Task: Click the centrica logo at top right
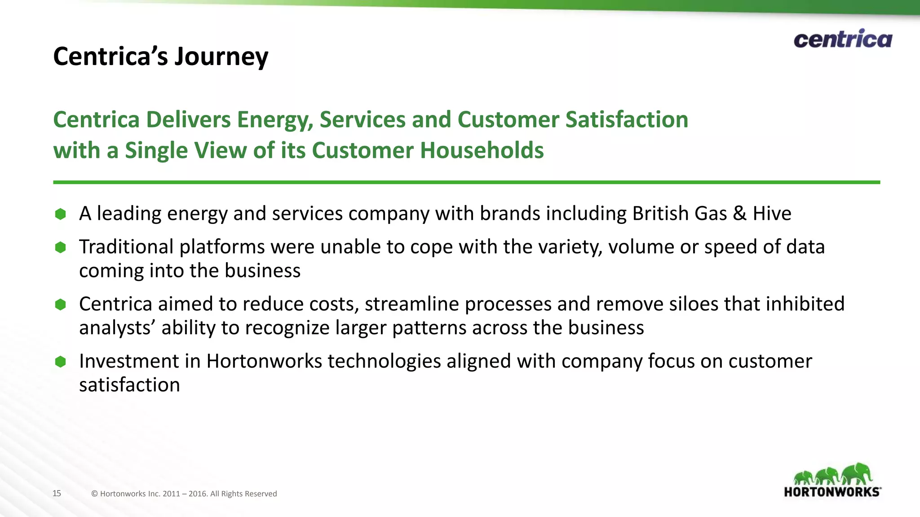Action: point(843,39)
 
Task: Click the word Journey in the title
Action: point(221,57)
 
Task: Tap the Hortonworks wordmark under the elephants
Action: point(832,492)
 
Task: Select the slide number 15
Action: point(57,493)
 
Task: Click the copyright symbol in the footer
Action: point(94,494)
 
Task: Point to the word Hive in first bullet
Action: point(772,214)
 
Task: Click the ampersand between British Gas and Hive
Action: point(739,214)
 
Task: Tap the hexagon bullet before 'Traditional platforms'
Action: point(61,247)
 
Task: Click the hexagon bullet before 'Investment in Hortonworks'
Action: point(61,362)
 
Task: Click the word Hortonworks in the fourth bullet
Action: point(264,361)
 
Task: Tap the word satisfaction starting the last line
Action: point(129,385)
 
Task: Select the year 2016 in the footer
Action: point(197,494)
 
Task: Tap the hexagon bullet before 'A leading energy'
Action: point(61,214)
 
